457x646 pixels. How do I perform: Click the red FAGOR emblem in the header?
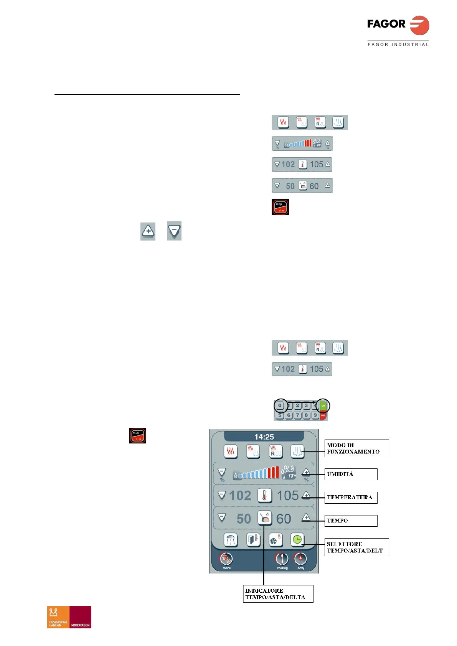point(419,26)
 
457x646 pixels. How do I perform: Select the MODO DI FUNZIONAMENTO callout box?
point(356,448)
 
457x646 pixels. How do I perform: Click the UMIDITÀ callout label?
point(351,474)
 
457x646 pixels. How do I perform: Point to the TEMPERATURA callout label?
point(351,498)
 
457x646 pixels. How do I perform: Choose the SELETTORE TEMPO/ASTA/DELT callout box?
point(356,547)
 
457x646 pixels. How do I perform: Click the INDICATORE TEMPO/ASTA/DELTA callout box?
point(278,593)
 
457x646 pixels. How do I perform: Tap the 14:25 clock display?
point(264,437)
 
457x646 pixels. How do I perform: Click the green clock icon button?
point(297,540)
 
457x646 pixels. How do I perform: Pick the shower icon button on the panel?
point(230,540)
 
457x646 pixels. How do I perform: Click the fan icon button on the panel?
point(276,540)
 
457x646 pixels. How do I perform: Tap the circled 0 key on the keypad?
point(280,405)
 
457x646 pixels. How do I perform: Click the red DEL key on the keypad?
point(323,415)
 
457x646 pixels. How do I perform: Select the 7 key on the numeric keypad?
point(297,415)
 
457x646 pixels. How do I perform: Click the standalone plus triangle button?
point(148,231)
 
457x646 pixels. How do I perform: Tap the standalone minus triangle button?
point(174,231)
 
